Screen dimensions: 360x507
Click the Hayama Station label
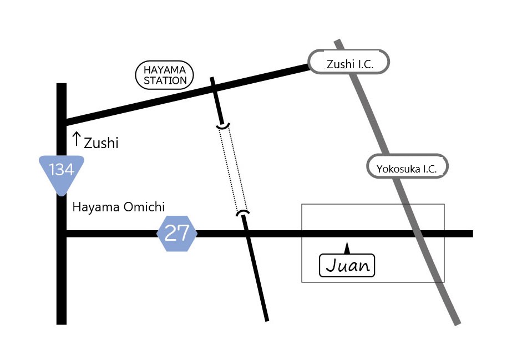[165, 75]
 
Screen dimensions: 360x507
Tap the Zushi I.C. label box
[349, 62]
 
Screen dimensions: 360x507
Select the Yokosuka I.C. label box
[407, 166]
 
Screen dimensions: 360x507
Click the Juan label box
[348, 265]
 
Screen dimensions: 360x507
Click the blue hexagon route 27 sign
[178, 234]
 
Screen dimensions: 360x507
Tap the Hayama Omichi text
[119, 207]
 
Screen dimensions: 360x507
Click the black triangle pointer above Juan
[347, 248]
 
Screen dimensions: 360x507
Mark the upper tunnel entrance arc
[224, 127]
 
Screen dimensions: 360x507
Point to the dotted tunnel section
[233, 169]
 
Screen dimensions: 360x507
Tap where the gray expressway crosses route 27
[418, 234]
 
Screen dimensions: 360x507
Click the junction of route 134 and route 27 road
[62, 234]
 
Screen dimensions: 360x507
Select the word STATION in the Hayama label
[165, 80]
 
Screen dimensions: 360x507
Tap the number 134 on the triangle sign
[62, 170]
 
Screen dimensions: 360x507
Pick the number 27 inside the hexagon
[178, 234]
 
